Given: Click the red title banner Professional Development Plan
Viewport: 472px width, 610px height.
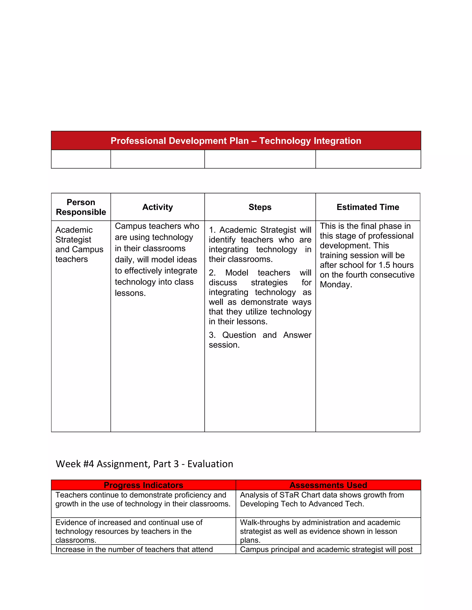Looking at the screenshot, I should [236, 140].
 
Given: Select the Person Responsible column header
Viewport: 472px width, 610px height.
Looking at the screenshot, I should [81, 207].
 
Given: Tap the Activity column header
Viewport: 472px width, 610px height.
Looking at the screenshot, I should [157, 207].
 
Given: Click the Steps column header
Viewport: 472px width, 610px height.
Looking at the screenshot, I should [260, 207].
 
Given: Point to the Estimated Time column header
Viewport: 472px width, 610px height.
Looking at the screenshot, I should [368, 207].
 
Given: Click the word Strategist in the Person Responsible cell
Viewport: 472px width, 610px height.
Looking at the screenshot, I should [73, 240].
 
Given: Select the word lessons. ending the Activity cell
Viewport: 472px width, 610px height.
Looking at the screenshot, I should [130, 293].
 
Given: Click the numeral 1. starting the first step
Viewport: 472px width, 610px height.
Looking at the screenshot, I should [212, 230].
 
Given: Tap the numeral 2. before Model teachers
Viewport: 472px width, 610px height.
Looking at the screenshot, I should [212, 273].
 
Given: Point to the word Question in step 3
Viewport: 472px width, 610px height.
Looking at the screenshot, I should [239, 335].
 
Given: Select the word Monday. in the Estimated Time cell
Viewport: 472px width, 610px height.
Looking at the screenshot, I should [336, 284].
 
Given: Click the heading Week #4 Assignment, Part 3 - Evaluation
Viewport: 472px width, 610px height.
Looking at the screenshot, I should [144, 464].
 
